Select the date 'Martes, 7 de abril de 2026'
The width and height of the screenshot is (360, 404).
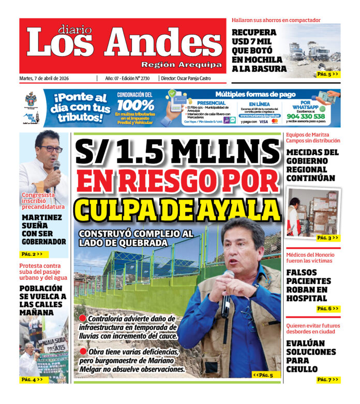(44, 78)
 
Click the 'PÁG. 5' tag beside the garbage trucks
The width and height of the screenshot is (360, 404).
(328, 74)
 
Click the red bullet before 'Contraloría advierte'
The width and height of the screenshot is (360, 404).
(82, 318)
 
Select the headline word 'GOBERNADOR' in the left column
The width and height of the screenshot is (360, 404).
(44, 242)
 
